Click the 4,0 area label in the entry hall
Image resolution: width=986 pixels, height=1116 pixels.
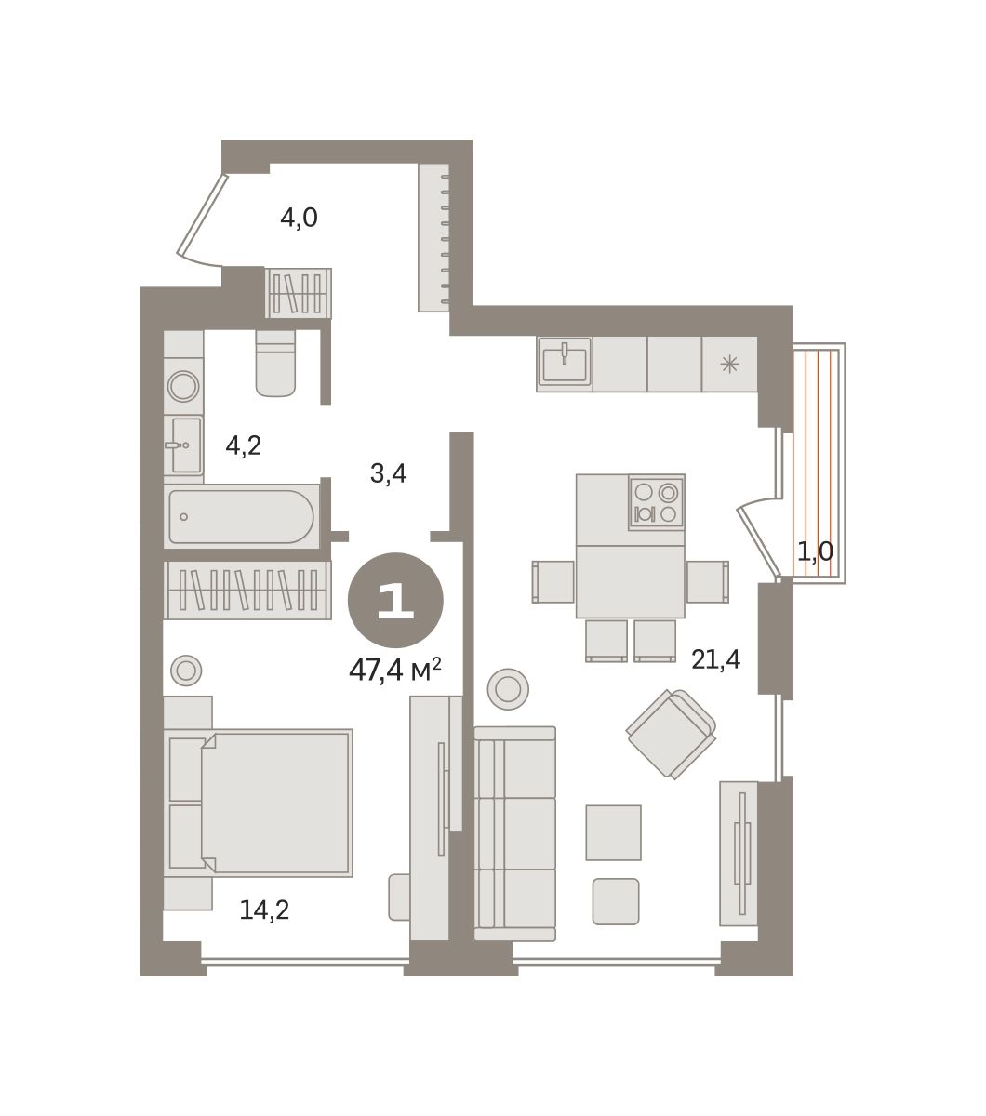pos(299,219)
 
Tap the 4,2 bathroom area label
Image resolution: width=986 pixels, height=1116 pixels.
pos(243,445)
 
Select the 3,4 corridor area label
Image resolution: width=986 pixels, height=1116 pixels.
pos(388,473)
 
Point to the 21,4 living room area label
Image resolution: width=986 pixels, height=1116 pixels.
pos(715,659)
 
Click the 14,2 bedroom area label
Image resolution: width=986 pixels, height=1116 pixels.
pos(264,910)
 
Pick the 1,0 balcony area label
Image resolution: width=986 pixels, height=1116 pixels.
pos(815,551)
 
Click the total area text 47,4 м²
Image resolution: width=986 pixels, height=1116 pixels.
pos(395,670)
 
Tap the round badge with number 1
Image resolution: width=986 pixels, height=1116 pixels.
pos(395,600)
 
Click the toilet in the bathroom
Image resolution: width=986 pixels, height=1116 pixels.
pos(275,363)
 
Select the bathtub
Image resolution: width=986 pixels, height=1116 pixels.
pos(242,516)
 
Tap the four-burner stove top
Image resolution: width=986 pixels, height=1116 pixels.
pos(657,502)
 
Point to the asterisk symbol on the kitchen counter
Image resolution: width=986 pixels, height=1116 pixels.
pos(729,365)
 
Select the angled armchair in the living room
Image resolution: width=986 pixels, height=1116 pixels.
pos(671,734)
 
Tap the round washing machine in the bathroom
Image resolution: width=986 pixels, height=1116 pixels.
pos(183,386)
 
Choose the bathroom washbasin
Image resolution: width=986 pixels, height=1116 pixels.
pos(184,445)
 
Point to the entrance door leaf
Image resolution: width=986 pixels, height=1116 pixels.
pos(202,214)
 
